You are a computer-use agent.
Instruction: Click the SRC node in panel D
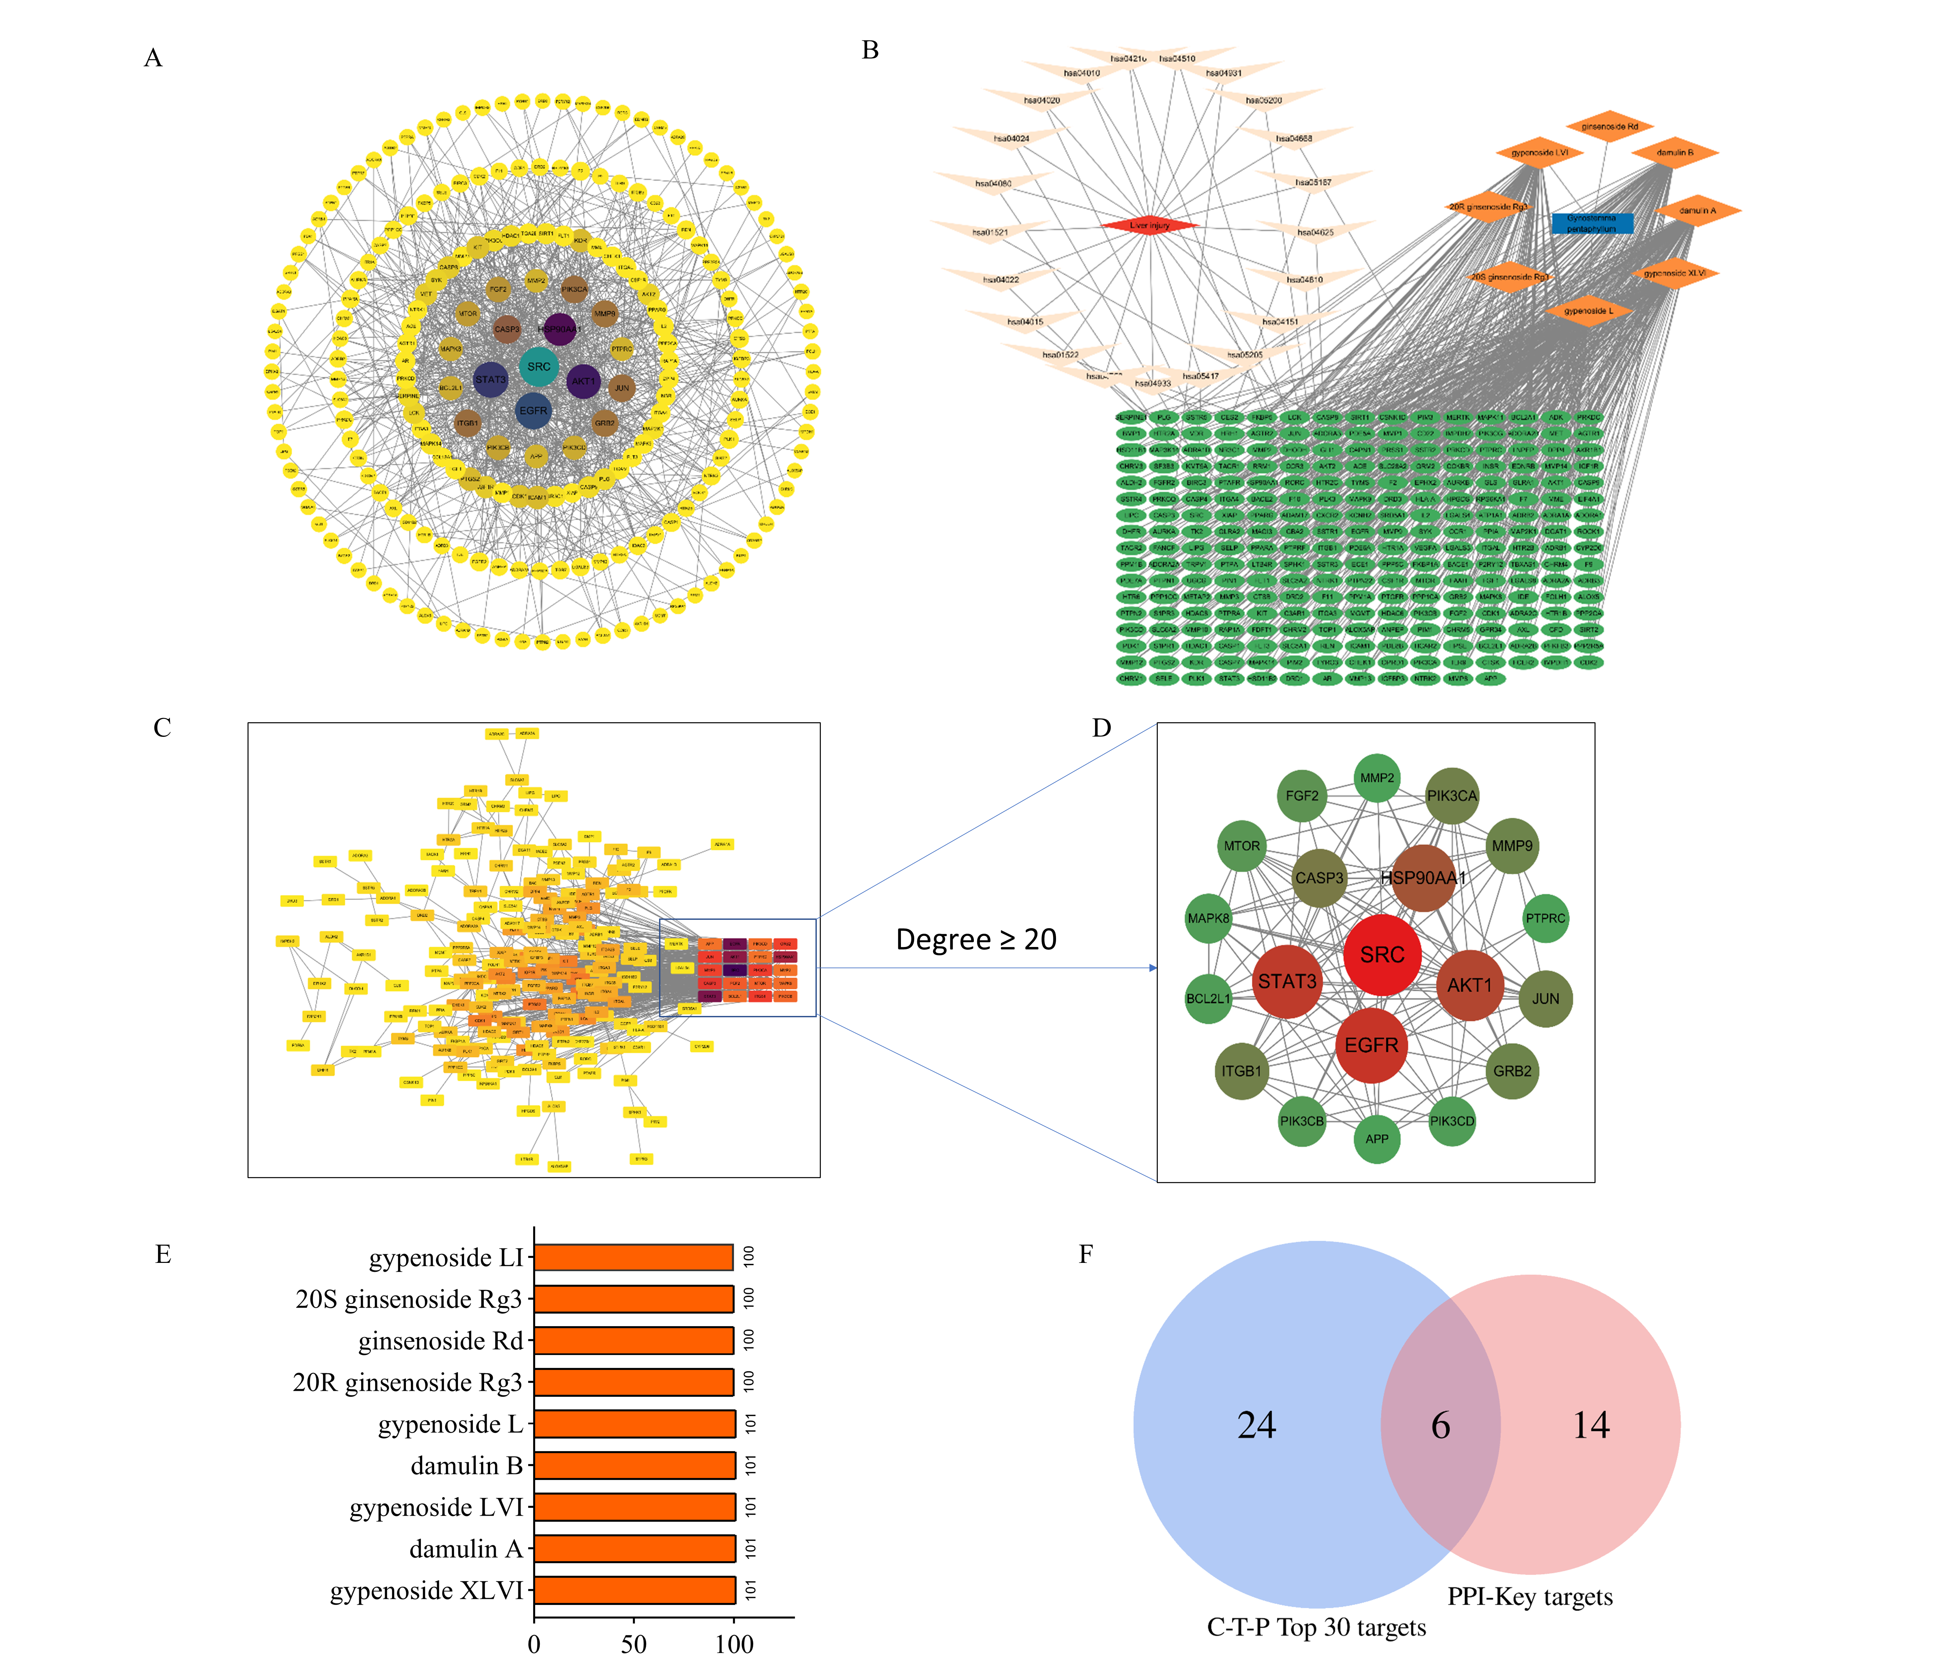1382,955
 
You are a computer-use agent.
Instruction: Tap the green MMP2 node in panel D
1377,778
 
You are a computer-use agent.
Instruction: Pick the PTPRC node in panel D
1545,918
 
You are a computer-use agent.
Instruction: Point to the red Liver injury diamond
1150,225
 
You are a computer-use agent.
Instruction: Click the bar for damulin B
634,1465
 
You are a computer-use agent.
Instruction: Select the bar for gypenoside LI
633,1257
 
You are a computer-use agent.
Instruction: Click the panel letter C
162,729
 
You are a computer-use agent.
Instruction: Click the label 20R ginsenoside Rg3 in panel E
407,1383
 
